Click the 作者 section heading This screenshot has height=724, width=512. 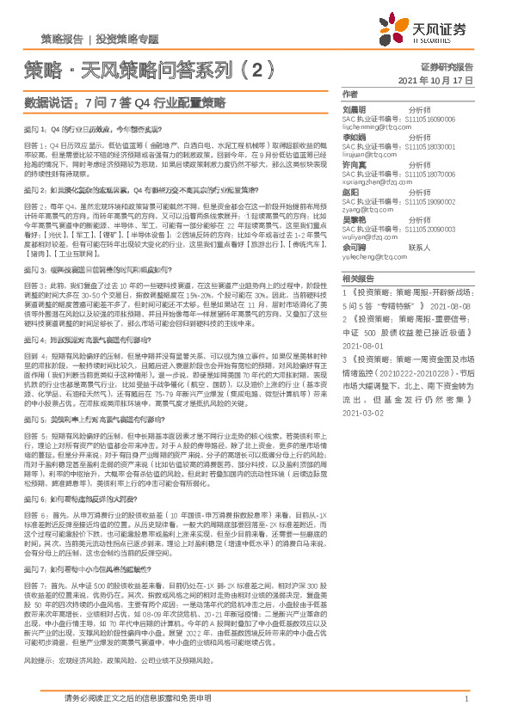[x=349, y=94]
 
